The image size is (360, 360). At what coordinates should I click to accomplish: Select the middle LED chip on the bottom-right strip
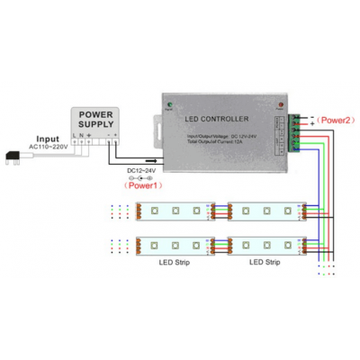point(267,243)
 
